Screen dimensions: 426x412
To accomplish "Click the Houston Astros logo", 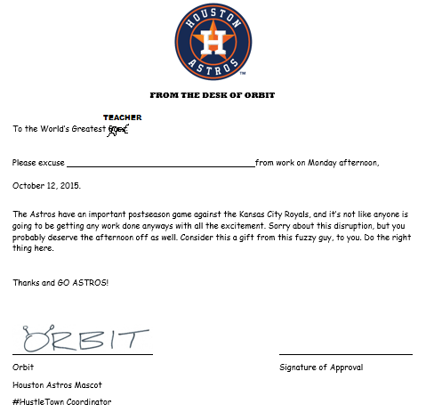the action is [x=213, y=42].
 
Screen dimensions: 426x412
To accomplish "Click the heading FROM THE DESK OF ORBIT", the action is [x=213, y=95].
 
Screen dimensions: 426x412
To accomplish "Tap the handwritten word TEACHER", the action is [x=122, y=117].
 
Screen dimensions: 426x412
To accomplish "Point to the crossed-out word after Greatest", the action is [x=118, y=130].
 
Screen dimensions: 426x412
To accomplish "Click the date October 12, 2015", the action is [x=46, y=186].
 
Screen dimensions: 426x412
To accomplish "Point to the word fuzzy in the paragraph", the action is [x=294, y=238].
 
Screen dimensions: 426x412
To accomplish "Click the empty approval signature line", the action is [x=345, y=353].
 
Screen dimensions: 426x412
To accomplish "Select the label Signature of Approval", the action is [x=320, y=367].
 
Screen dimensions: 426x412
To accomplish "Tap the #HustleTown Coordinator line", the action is [x=62, y=402].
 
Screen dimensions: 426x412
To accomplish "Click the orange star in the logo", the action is [x=213, y=42].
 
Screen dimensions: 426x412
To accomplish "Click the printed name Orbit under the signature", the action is [x=23, y=367].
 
